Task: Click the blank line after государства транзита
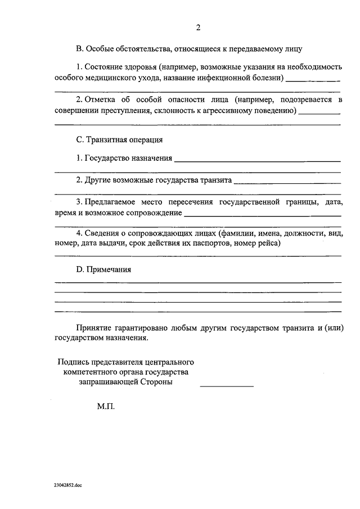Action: tap(287, 182)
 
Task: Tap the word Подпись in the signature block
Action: tap(75, 361)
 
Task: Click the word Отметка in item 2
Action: tap(102, 100)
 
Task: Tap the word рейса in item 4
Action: tap(268, 244)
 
